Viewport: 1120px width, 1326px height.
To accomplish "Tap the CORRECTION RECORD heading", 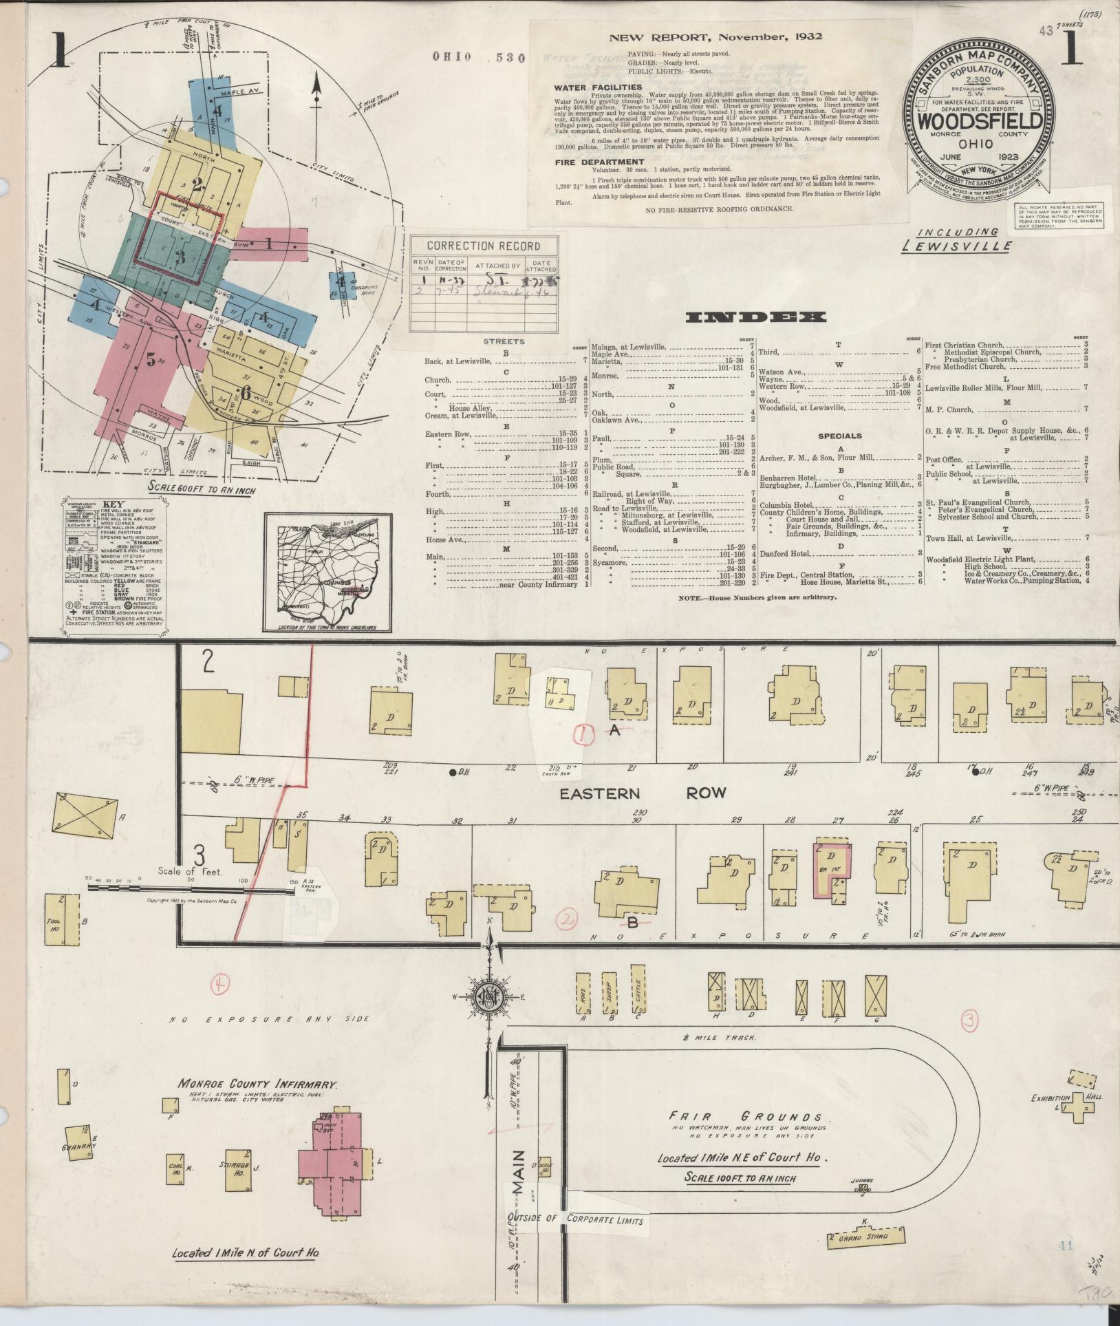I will pyautogui.click(x=484, y=246).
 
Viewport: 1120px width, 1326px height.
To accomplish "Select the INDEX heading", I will pyautogui.click(x=755, y=317).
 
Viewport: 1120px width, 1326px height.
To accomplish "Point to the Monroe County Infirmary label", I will pyautogui.click(x=258, y=1083).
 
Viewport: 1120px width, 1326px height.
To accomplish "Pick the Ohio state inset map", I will pyautogui.click(x=327, y=570).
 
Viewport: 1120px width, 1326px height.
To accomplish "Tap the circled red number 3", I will pyautogui.click(x=969, y=1041).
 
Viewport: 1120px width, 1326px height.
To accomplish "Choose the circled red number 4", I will pyautogui.click(x=220, y=985).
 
